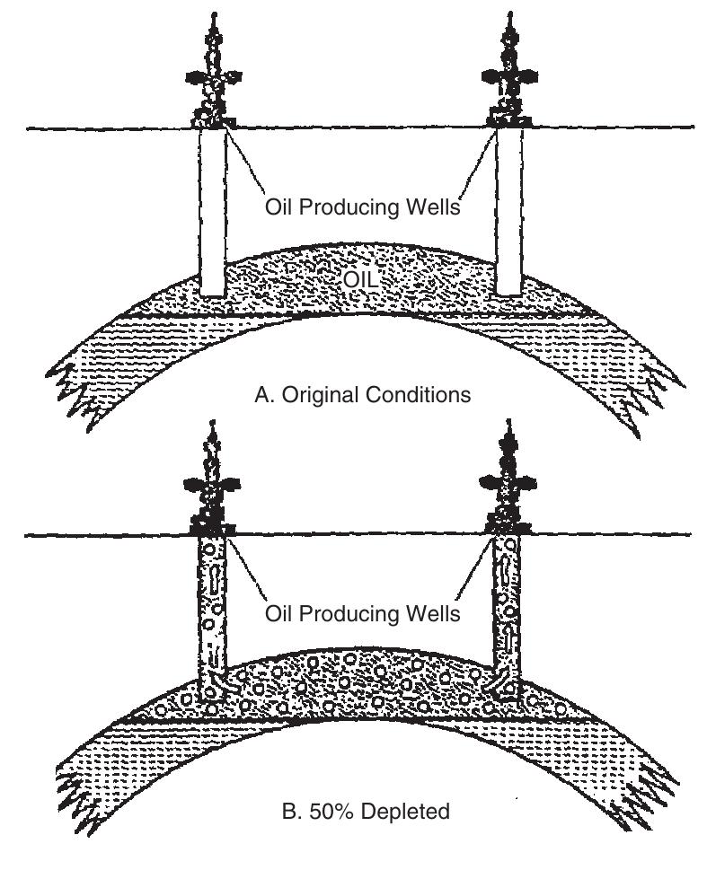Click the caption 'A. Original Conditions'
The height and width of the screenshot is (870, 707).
(x=362, y=395)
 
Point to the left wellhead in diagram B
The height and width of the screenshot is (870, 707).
(x=213, y=486)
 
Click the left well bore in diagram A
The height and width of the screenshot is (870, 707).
(x=213, y=211)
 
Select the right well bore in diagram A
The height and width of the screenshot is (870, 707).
(x=508, y=211)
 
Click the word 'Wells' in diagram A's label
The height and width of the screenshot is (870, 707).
(x=434, y=207)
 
